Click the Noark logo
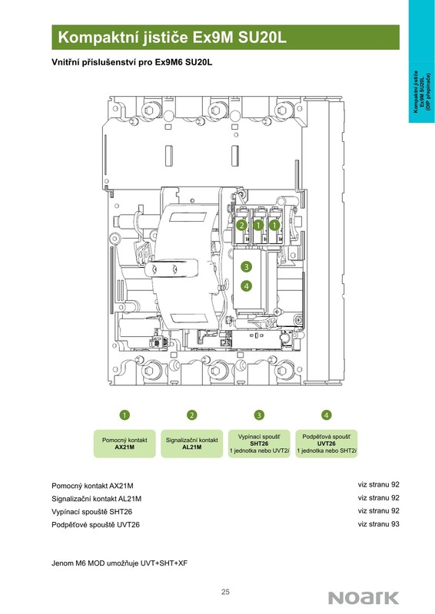[364, 598]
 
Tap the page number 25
[225, 592]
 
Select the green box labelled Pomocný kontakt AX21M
[125, 444]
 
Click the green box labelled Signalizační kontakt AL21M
[192, 444]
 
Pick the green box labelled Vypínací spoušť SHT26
[259, 444]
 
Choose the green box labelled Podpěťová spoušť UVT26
[327, 444]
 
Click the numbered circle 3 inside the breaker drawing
[247, 266]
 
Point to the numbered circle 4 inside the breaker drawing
[247, 286]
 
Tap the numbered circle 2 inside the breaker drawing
[242, 225]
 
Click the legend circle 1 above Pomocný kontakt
[125, 414]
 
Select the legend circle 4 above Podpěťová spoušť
[327, 414]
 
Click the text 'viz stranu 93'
[379, 524]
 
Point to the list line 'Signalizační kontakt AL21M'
[97, 499]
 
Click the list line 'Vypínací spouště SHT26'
[91, 512]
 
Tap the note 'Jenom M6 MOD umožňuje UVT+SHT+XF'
[120, 563]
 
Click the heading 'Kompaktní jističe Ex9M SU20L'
[172, 38]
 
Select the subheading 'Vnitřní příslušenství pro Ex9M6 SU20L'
[131, 62]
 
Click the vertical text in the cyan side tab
[422, 92]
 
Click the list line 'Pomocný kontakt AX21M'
[92, 486]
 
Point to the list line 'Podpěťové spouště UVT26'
[96, 525]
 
